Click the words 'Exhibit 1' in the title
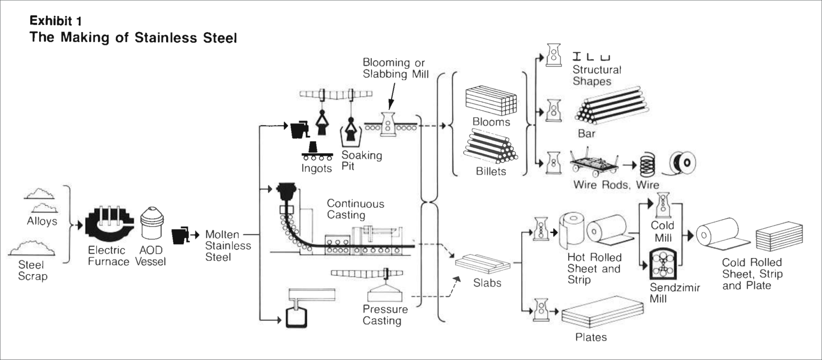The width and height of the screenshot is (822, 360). click(x=56, y=21)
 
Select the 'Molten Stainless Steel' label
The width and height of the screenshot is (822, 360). click(x=228, y=246)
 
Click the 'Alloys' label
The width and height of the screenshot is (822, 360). click(x=42, y=221)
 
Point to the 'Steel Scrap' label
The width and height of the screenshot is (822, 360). click(x=32, y=271)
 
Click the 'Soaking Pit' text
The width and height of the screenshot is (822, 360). click(x=361, y=161)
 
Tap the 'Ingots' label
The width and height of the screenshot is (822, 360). click(x=316, y=169)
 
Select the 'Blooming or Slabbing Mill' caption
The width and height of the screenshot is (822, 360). click(x=395, y=69)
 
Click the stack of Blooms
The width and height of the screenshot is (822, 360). click(x=491, y=101)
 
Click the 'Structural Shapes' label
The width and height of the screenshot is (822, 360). click(x=596, y=75)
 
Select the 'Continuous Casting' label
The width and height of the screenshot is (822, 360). click(x=355, y=210)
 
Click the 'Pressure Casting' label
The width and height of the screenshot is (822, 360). click(x=385, y=315)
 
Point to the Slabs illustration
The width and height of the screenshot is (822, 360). click(x=483, y=264)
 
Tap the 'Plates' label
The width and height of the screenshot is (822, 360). click(x=591, y=337)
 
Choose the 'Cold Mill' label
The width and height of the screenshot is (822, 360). click(x=662, y=231)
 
